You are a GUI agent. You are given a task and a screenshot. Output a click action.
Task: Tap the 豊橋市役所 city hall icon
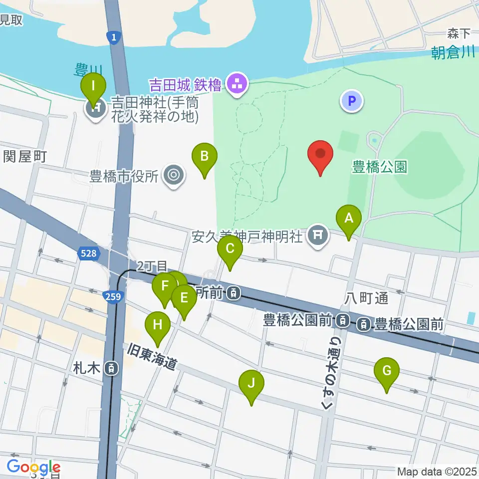pos(174,176)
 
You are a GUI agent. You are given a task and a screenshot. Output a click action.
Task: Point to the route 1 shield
pos(114,37)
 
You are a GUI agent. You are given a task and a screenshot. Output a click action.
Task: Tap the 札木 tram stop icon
pos(112,369)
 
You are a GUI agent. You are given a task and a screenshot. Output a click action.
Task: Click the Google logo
pos(33,467)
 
